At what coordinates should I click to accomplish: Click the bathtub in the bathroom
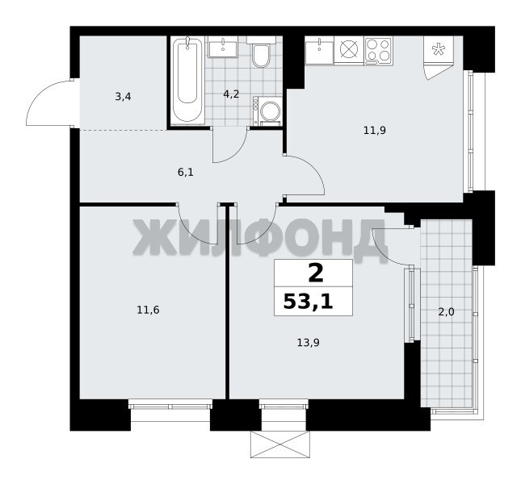[x=187, y=81]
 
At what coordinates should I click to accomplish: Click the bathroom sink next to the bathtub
[x=223, y=47]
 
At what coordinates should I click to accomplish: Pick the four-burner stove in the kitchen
[x=379, y=51]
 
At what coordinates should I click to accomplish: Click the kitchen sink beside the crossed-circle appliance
[x=319, y=50]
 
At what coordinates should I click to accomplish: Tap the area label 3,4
[x=123, y=97]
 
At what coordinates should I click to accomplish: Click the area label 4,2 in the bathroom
[x=231, y=94]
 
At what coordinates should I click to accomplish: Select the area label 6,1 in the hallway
[x=186, y=173]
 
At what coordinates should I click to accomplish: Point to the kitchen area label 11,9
[x=375, y=131]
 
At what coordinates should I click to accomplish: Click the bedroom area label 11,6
[x=148, y=311]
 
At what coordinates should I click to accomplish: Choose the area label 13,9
[x=308, y=342]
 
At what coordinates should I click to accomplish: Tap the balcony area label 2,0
[x=446, y=312]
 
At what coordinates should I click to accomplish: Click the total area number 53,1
[x=308, y=302]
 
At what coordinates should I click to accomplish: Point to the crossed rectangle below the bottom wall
[x=279, y=444]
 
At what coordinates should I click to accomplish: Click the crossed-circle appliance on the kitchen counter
[x=349, y=51]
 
